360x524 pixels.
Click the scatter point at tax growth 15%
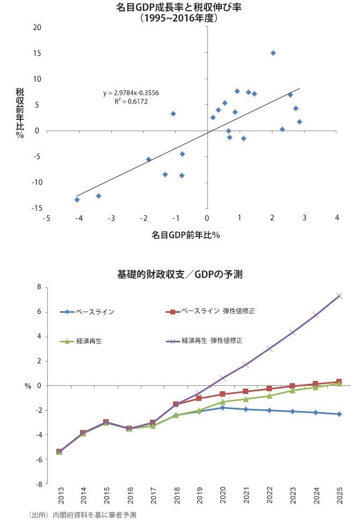click(x=273, y=53)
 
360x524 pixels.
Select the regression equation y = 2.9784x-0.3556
click(x=131, y=93)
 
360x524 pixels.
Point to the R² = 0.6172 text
click(x=131, y=101)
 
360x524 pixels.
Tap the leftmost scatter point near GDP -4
click(x=77, y=199)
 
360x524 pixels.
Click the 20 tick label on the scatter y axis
click(x=37, y=27)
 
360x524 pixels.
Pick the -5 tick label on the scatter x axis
click(x=46, y=218)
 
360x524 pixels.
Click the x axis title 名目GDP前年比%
click(x=185, y=235)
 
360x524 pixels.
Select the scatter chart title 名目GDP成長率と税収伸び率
click(x=178, y=8)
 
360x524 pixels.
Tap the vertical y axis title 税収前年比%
click(x=20, y=113)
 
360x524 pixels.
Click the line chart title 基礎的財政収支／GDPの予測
click(x=180, y=275)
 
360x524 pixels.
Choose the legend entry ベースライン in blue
click(x=87, y=312)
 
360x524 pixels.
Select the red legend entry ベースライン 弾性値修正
click(x=210, y=311)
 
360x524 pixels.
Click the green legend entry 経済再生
click(x=81, y=341)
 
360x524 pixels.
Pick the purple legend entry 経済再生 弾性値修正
click(x=204, y=341)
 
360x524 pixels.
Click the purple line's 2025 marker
click(x=339, y=296)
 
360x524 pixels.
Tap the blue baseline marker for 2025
click(x=339, y=414)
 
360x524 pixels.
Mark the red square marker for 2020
click(x=222, y=394)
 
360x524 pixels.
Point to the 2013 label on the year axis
click(x=61, y=495)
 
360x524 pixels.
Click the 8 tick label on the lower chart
click(x=39, y=287)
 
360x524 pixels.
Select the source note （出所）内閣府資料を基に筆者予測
click(x=82, y=515)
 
